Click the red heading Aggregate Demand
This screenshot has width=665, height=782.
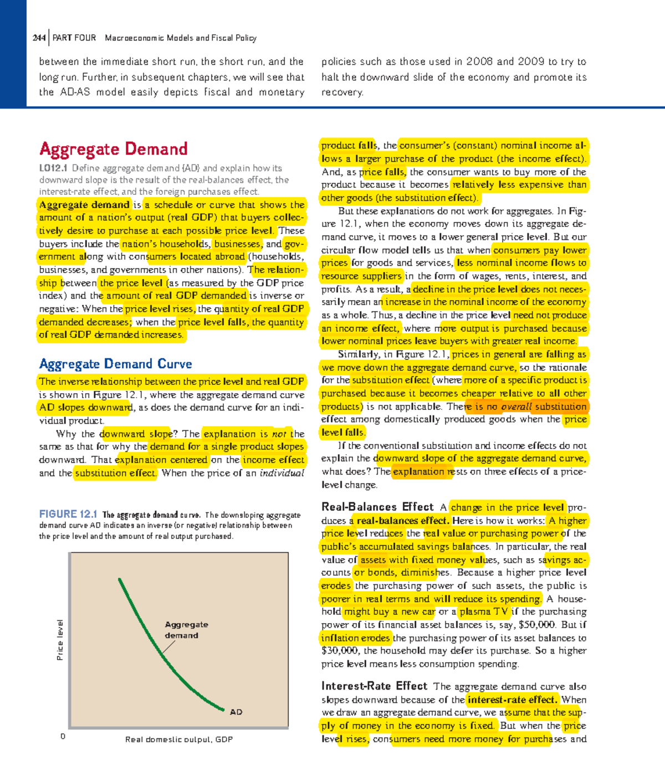point(113,149)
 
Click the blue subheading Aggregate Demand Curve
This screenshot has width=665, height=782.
point(115,364)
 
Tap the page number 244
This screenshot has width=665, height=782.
point(39,38)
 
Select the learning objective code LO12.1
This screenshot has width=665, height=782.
point(53,168)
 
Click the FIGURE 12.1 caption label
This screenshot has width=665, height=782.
point(68,514)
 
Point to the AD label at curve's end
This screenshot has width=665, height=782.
point(236,712)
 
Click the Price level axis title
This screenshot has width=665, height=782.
point(60,640)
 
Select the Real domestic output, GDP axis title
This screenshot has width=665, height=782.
point(178,739)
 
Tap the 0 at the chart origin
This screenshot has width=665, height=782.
point(63,736)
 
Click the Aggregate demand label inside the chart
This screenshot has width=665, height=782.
point(186,630)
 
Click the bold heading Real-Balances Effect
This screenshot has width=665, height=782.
point(377,507)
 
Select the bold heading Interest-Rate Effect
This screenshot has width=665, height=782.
point(374,686)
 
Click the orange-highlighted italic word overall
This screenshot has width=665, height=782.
point(516,407)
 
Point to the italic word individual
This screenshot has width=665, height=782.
point(282,473)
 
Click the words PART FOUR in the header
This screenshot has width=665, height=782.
point(74,38)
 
